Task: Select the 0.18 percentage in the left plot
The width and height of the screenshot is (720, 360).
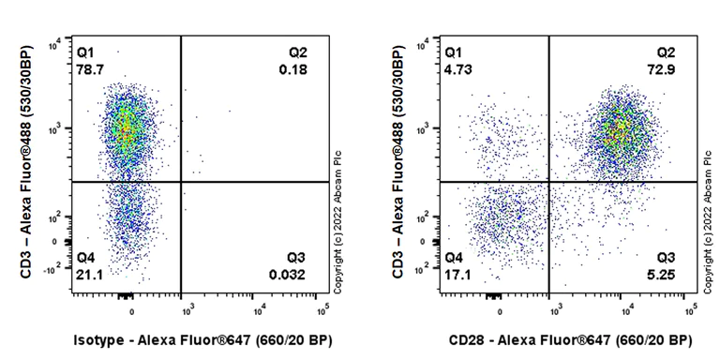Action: click(x=292, y=69)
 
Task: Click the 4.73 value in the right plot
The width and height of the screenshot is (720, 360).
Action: click(x=457, y=69)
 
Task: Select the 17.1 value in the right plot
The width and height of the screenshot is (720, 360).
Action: click(x=457, y=276)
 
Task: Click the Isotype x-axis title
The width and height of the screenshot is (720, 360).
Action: click(x=202, y=339)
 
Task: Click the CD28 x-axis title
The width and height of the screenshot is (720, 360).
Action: click(x=571, y=339)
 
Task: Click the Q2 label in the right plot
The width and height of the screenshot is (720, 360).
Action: click(x=666, y=52)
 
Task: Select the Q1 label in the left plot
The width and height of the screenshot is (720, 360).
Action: click(x=85, y=52)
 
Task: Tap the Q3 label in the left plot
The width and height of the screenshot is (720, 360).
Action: click(x=296, y=258)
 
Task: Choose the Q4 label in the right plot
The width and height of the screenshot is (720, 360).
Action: click(x=454, y=258)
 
